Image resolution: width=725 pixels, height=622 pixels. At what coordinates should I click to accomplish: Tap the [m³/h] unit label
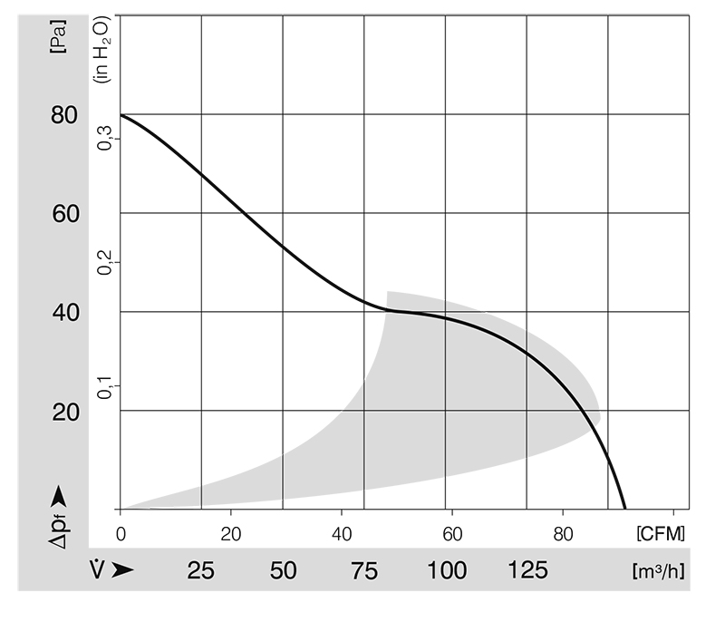coord(657,571)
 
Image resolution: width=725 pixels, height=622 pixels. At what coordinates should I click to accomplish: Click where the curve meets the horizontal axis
coord(625,509)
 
